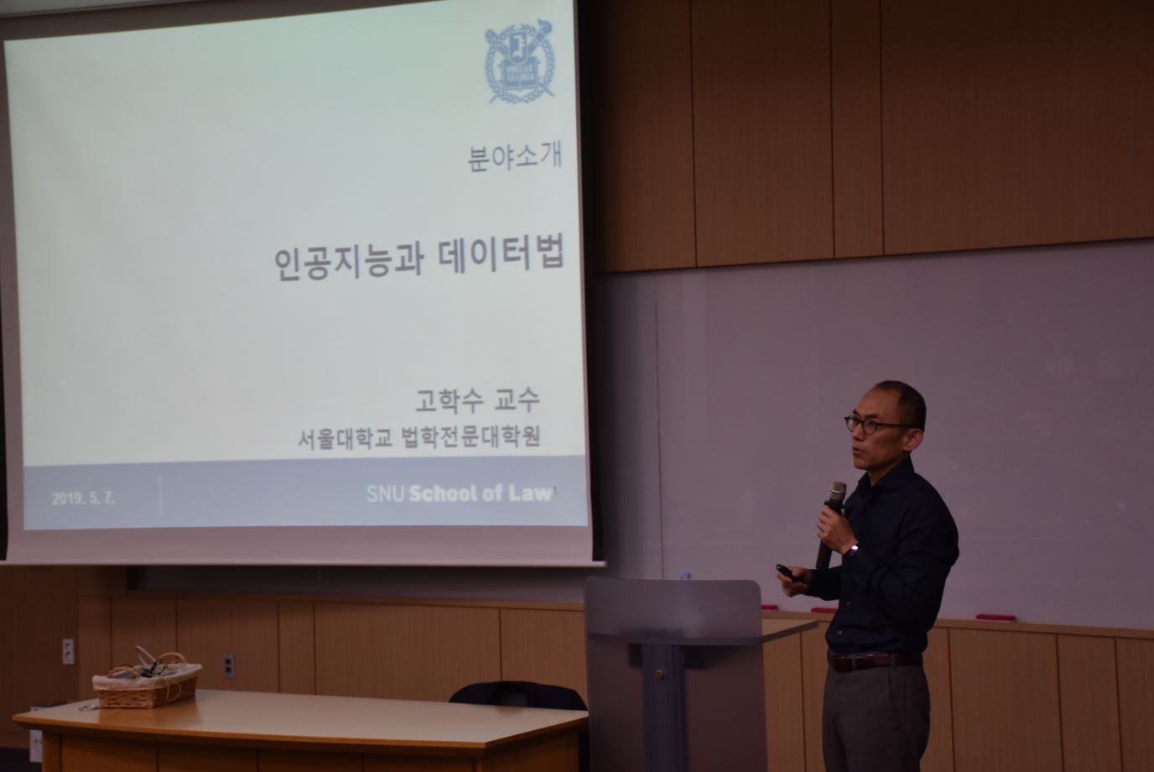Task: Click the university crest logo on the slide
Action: point(519,62)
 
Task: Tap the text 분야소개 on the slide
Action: point(514,157)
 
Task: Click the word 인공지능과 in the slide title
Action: point(348,263)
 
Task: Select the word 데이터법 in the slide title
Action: point(501,253)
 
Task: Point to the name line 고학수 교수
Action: point(477,400)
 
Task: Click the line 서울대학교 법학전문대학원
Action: point(418,437)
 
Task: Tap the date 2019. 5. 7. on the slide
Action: point(84,498)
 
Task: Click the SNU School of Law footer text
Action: point(459,493)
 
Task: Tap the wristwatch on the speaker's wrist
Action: point(852,550)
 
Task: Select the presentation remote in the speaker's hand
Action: point(791,572)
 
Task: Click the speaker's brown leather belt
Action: point(874,660)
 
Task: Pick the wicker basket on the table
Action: point(147,681)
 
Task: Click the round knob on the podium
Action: point(658,674)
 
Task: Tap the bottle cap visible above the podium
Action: point(684,576)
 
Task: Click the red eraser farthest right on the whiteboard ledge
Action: point(995,618)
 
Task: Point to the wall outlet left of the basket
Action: point(68,651)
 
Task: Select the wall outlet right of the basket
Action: point(229,665)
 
